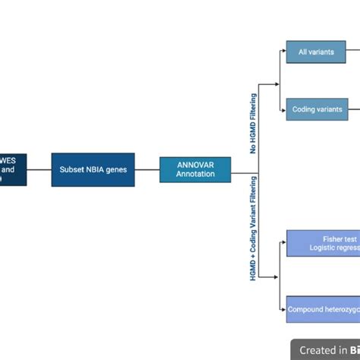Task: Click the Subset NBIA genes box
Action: (x=93, y=169)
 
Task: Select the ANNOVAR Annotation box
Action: (x=194, y=169)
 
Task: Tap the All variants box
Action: (x=314, y=52)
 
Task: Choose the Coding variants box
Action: (x=314, y=109)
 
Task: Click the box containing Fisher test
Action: (x=323, y=243)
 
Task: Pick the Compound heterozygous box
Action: (x=323, y=309)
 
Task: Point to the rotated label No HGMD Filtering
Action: (x=254, y=123)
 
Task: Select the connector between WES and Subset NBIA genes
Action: (x=39, y=169)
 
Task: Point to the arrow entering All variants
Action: (x=282, y=52)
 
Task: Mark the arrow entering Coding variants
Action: (x=282, y=109)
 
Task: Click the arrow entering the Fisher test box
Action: (x=282, y=243)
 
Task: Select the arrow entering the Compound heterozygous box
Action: (x=282, y=309)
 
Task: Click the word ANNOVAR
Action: (x=194, y=164)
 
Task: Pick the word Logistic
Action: (x=324, y=248)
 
